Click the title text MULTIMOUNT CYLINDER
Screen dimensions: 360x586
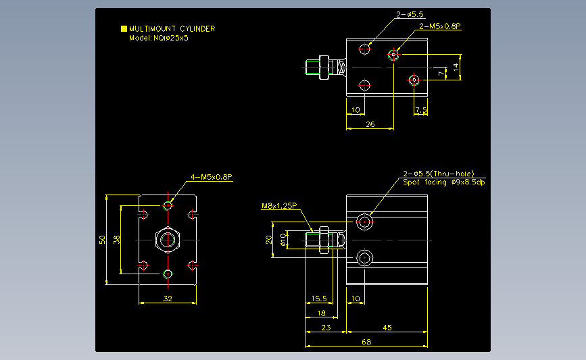pyautogui.click(x=172, y=29)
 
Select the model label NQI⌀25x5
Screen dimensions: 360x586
pyautogui.click(x=158, y=38)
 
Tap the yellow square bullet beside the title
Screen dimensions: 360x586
pyautogui.click(x=124, y=29)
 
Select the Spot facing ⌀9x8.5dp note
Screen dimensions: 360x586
pyautogui.click(x=444, y=182)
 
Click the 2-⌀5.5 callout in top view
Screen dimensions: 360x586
pyautogui.click(x=410, y=14)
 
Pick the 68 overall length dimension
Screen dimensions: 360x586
pyautogui.click(x=366, y=342)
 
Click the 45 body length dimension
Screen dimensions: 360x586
pyautogui.click(x=387, y=328)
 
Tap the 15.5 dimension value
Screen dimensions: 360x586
pyautogui.click(x=318, y=299)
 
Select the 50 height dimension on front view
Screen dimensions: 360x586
pyautogui.click(x=102, y=240)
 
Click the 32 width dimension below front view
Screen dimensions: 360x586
pyautogui.click(x=168, y=298)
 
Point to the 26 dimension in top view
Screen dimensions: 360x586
pyautogui.click(x=370, y=124)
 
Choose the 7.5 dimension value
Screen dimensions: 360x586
pyautogui.click(x=421, y=109)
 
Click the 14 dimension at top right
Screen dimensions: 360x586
pyautogui.click(x=456, y=66)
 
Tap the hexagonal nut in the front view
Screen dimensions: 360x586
pyautogui.click(x=168, y=240)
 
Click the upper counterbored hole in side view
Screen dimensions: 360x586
pyautogui.click(x=366, y=222)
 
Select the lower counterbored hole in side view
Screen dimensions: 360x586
pyautogui.click(x=366, y=257)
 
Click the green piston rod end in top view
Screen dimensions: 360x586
pyautogui.click(x=312, y=68)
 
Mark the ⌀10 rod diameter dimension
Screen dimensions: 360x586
pyautogui.click(x=283, y=240)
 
